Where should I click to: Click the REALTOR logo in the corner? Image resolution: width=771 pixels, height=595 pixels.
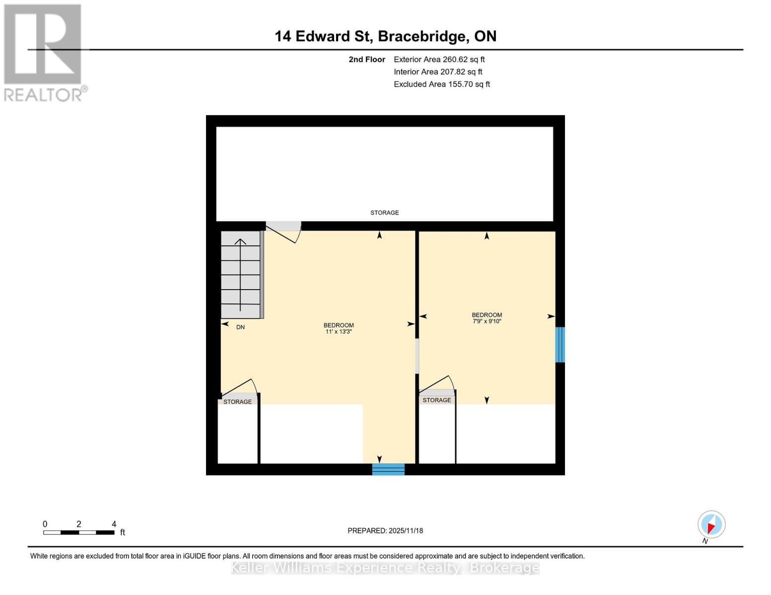pos(44,52)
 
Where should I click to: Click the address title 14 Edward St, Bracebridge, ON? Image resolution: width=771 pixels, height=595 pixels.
pos(385,36)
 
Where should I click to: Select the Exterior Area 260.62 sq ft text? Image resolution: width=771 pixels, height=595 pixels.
pos(439,59)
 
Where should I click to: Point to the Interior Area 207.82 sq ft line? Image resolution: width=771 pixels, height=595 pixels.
pos(438,72)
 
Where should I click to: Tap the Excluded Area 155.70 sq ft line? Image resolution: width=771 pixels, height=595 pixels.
pos(441,84)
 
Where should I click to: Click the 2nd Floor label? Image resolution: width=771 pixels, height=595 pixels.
pos(366,59)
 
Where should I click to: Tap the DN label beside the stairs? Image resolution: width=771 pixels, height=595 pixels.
pos(240,327)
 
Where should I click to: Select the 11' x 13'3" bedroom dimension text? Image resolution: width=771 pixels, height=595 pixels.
pos(339,332)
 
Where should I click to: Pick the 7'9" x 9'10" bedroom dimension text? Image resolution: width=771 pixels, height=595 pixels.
pos(487,321)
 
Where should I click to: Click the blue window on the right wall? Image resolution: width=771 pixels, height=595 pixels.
pos(560,345)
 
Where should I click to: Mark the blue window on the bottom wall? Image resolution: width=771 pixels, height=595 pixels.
pos(388,469)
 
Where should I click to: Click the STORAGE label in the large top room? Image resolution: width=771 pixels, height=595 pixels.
pos(384,213)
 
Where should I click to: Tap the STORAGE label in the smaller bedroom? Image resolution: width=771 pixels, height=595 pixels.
pos(437,400)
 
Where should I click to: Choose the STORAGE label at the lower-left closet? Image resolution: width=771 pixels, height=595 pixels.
pos(237,402)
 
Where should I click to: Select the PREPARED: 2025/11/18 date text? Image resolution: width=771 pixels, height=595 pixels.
pos(385,531)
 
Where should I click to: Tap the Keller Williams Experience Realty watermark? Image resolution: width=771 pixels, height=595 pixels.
pos(385,568)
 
